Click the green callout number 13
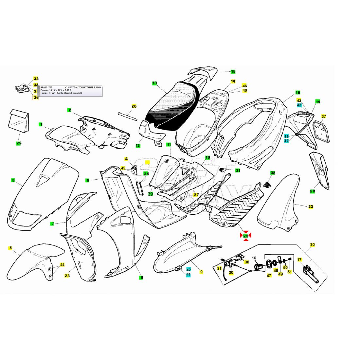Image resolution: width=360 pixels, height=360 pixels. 154,83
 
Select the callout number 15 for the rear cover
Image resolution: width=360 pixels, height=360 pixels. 233,71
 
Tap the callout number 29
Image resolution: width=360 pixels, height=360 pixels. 19,143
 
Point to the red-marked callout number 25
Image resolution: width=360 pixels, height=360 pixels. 246,235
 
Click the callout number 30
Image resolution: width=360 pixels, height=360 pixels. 312,244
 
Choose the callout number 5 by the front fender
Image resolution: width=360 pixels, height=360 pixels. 10,248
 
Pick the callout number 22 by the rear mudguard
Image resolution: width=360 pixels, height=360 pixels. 311,207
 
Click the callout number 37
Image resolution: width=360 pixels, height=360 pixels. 324,116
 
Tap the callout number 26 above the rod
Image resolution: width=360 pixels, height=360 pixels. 134,106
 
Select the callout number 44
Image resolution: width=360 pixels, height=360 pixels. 62,264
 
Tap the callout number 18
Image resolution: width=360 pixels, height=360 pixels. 298,93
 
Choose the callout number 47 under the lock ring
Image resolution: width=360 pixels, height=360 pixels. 269,276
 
